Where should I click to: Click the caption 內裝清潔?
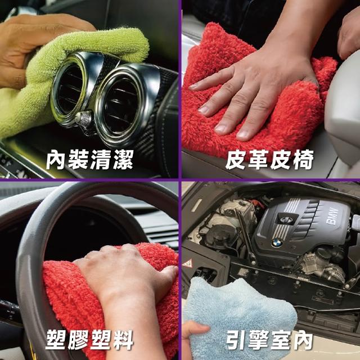[x=89, y=160]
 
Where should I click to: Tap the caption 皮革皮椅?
[x=269, y=160]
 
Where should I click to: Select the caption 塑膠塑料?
[x=89, y=340]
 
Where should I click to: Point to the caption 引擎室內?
[x=269, y=340]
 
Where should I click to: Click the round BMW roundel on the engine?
[x=277, y=242]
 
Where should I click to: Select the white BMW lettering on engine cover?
[x=332, y=216]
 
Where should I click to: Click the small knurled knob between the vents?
[x=84, y=119]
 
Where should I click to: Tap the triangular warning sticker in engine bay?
[x=187, y=263]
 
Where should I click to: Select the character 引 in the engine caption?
[x=236, y=340]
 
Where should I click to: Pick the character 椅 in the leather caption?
[x=303, y=160]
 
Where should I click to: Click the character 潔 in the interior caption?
[x=123, y=160]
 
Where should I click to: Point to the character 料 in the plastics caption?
[x=123, y=340]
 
